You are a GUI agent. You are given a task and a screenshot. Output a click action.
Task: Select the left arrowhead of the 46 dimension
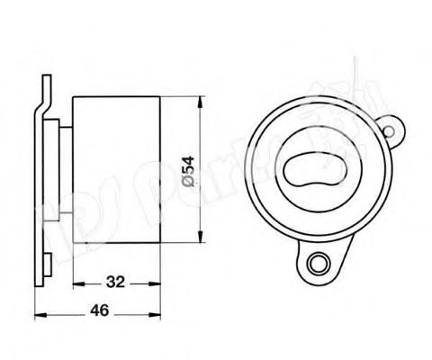coord(37,313)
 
